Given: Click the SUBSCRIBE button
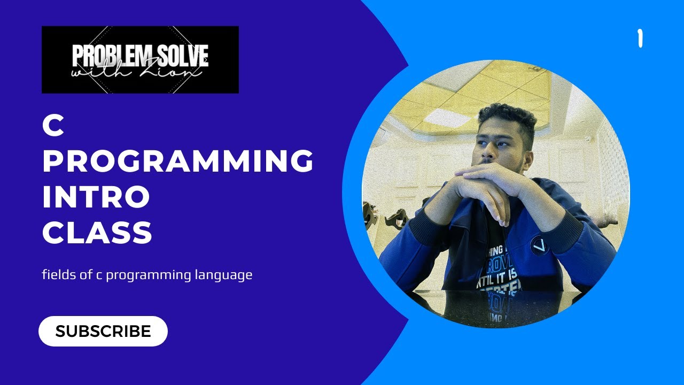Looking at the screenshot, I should pos(103,331).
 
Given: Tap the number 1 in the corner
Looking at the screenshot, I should pos(639,39).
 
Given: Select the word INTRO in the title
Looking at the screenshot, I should pos(96,197).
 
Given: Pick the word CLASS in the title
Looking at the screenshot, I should pos(97,233).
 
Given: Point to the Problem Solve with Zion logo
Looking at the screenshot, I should pos(140,59).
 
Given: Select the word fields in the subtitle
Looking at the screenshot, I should pos(56,276).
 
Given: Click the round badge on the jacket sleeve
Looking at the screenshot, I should pos(540,246).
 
